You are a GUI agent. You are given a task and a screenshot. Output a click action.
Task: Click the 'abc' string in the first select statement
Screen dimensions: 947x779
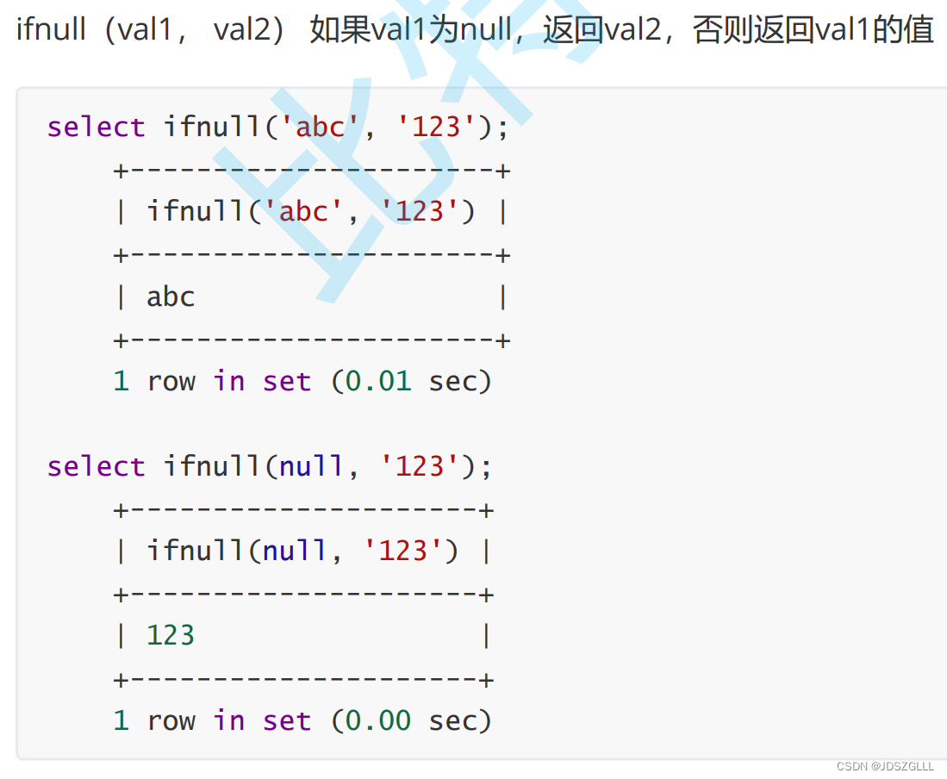tap(320, 128)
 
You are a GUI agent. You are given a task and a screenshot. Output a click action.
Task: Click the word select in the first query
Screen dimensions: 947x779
tap(97, 128)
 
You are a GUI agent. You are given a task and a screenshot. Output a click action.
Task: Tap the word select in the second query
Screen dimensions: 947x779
tap(97, 467)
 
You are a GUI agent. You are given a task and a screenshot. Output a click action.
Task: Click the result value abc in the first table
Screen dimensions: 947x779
tap(171, 297)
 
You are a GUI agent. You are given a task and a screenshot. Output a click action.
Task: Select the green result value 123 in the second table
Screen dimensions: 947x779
tap(171, 636)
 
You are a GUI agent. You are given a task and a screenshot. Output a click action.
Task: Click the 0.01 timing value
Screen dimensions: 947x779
tap(378, 382)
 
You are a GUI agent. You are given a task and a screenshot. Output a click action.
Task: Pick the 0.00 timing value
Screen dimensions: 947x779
tap(378, 720)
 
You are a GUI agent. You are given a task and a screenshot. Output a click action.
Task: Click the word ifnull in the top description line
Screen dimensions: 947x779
tap(51, 31)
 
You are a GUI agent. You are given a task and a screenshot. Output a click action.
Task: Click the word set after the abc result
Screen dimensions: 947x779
tap(287, 382)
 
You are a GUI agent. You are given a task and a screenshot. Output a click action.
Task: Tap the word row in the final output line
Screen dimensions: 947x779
tap(171, 720)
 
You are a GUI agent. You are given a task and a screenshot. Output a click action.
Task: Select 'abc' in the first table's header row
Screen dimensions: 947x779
tap(303, 212)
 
